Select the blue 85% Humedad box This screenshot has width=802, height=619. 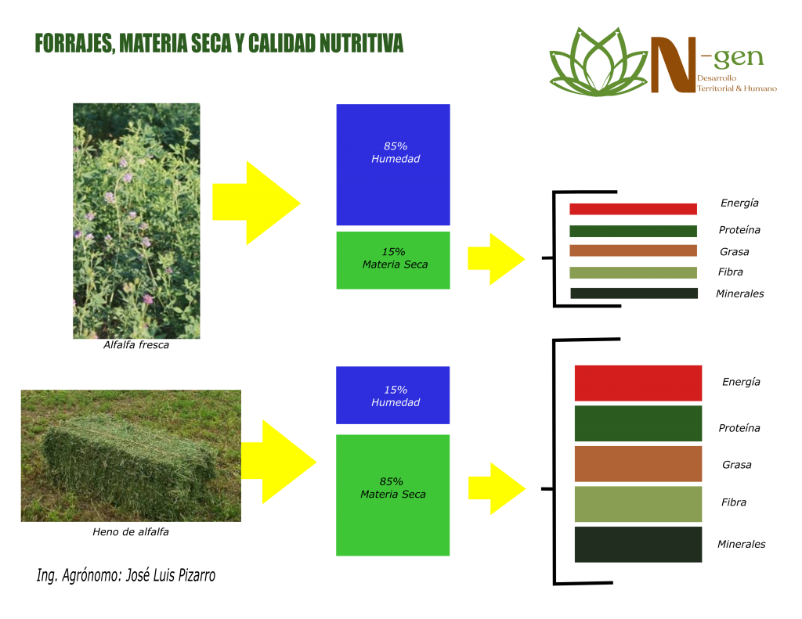[x=393, y=164]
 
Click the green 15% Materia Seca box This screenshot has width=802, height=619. [x=393, y=260]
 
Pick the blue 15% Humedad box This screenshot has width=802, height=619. [x=393, y=395]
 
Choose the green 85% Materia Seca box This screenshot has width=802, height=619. [x=393, y=495]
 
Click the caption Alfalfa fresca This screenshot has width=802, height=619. [x=136, y=345]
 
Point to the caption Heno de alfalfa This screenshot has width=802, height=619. [x=131, y=531]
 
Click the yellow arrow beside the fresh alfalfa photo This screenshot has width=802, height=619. [x=256, y=203]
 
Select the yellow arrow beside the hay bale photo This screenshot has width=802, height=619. [x=279, y=462]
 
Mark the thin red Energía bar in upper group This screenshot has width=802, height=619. [x=633, y=209]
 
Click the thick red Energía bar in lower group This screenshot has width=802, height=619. [x=638, y=383]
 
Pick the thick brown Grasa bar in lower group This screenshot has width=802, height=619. [x=638, y=463]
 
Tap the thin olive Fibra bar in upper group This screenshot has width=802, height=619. [x=633, y=272]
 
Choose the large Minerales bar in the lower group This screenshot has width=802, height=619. [x=638, y=545]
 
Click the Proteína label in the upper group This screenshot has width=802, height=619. [x=739, y=230]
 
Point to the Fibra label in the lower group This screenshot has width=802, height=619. [x=733, y=502]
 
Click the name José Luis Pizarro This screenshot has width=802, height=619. [x=170, y=575]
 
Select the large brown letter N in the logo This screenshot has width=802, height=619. [x=674, y=65]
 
